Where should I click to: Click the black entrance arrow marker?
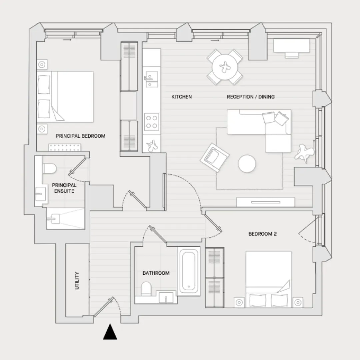[110, 332]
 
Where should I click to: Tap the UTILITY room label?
[77, 281]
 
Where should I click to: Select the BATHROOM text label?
[156, 273]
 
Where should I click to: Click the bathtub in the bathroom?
[189, 271]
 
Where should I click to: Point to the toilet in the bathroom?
[146, 289]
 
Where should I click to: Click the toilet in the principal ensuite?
[49, 168]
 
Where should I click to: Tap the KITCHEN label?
[182, 97]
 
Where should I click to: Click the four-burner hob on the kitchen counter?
[152, 122]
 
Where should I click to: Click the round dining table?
[225, 67]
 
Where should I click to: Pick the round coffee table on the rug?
[247, 164]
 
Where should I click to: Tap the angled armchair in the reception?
[214, 157]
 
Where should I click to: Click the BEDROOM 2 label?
[263, 234]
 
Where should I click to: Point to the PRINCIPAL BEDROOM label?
[81, 136]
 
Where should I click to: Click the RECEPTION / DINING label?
[251, 97]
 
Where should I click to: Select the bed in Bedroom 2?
[268, 279]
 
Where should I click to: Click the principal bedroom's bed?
[65, 97]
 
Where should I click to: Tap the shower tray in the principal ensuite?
[65, 218]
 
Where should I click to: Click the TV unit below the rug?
[266, 202]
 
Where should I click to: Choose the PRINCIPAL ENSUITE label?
[64, 188]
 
